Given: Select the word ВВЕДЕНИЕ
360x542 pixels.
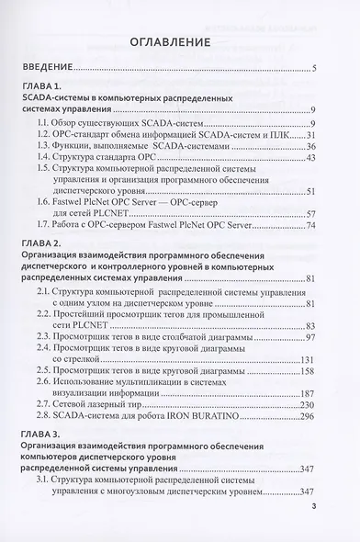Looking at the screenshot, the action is point(46,68).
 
